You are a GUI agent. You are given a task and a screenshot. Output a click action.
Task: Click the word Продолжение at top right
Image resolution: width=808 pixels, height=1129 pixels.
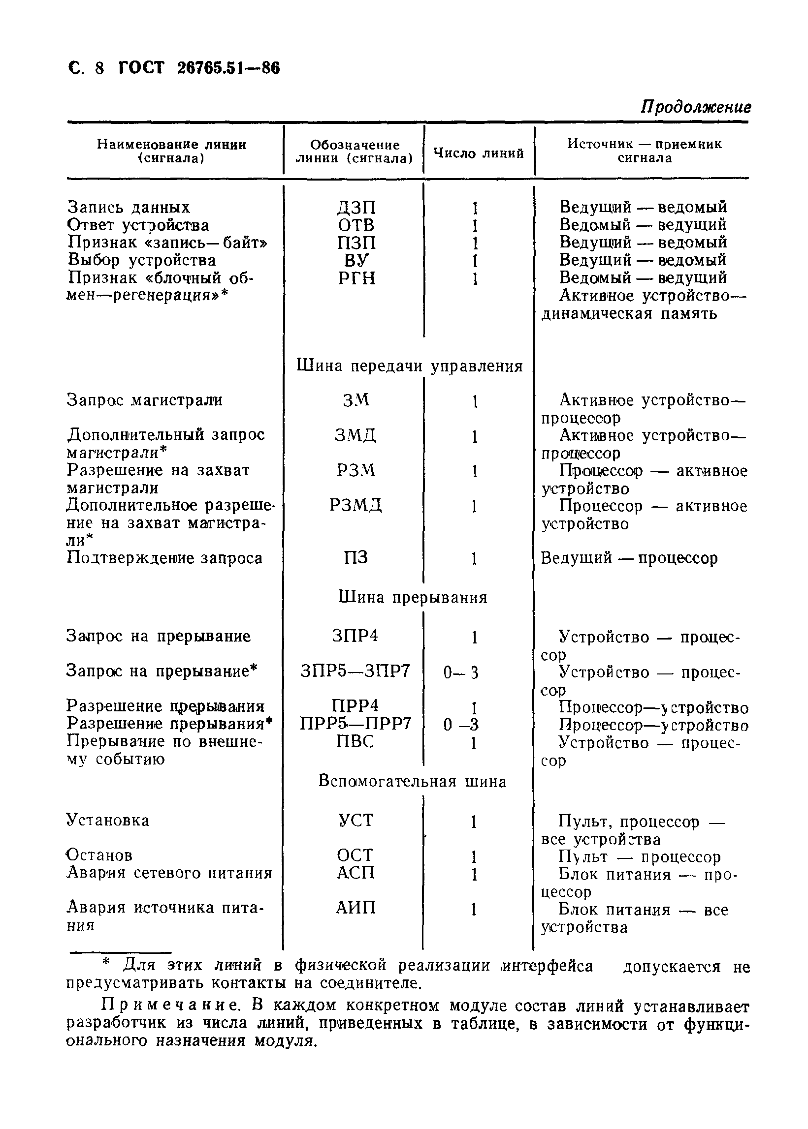[x=695, y=107]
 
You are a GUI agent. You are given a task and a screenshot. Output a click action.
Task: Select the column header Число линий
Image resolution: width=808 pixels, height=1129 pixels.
[x=479, y=153]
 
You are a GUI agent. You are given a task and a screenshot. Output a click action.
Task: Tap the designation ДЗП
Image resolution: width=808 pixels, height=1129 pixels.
[x=356, y=207]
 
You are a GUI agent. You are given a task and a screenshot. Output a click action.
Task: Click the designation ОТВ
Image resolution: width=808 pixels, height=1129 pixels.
[x=356, y=225]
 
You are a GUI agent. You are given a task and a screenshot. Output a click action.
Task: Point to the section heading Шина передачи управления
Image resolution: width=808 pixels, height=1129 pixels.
[x=410, y=366]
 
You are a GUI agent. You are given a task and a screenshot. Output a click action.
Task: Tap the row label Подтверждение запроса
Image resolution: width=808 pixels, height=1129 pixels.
[x=164, y=558]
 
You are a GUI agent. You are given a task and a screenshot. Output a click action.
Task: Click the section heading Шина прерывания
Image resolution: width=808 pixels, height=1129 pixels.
[x=413, y=597]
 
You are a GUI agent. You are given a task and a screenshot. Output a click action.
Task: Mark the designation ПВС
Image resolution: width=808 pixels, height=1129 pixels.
[x=355, y=741]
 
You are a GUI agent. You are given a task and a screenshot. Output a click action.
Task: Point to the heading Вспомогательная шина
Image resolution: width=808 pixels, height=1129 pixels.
[x=413, y=782]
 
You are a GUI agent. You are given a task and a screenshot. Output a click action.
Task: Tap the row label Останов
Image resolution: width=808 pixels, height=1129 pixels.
[x=99, y=855]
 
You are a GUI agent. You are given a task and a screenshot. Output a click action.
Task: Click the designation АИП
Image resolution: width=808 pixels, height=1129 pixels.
[x=355, y=908]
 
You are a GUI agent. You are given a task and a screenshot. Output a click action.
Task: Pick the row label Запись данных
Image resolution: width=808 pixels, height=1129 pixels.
[x=129, y=207]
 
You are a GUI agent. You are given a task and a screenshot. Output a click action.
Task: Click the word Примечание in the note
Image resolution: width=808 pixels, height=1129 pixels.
[x=170, y=1006]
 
